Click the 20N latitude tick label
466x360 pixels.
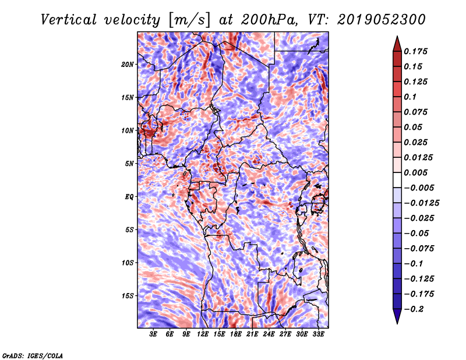128,65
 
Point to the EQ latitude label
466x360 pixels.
129,197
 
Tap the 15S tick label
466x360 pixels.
128,296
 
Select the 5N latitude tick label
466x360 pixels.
129,164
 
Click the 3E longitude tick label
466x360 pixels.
153,334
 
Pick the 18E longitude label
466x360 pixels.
236,334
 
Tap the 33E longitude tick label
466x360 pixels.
318,334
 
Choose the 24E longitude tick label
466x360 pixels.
269,334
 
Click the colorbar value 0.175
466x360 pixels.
415,51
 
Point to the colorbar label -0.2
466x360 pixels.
414,309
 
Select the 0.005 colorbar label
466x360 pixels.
415,172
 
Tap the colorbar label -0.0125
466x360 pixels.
421,203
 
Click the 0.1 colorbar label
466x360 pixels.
410,97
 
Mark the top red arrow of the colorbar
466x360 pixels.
397,44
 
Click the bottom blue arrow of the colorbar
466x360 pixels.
397,316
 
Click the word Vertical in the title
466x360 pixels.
69,20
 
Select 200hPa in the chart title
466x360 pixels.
270,20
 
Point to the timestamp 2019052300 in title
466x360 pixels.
382,20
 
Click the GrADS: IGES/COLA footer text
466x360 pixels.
33,356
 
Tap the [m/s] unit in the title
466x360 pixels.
189,20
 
